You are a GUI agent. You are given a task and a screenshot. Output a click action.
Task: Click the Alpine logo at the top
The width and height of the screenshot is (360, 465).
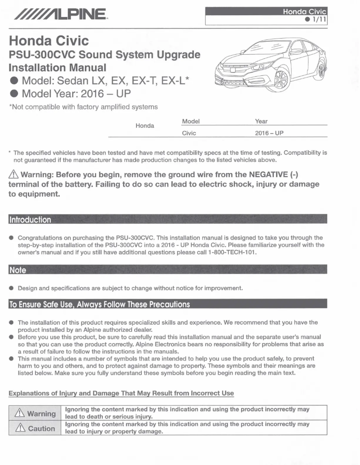61,17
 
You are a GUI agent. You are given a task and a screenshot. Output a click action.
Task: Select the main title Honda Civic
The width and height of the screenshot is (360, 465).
49,41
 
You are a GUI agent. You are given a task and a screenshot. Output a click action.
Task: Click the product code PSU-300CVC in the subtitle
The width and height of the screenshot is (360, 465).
41,55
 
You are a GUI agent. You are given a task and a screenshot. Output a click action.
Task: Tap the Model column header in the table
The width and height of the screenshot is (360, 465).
190,121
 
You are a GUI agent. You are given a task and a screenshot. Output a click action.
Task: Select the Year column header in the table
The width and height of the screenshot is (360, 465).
261,121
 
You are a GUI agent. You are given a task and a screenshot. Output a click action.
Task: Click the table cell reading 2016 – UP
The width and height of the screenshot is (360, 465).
269,133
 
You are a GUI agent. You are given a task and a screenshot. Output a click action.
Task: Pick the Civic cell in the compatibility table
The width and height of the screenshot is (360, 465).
189,133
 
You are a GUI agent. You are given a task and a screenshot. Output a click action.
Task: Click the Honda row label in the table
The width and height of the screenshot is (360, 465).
145,126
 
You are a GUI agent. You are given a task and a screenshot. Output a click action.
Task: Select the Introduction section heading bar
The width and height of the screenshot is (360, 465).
30,220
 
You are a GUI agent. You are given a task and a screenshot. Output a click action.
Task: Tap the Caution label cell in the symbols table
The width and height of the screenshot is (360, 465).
35,428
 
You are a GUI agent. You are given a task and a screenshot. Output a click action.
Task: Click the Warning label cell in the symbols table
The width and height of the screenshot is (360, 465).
35,413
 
